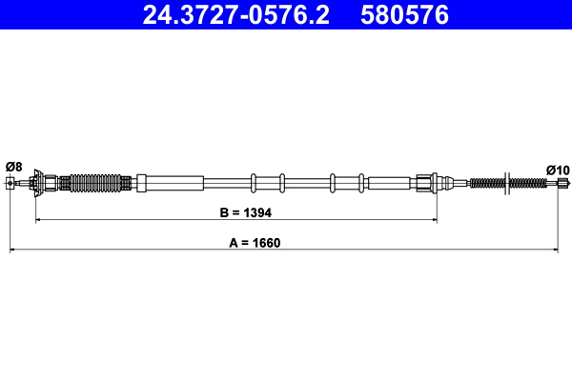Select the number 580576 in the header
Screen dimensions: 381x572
[x=400, y=15]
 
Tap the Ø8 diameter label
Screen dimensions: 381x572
[x=13, y=166]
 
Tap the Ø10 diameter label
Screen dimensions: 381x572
[x=558, y=170]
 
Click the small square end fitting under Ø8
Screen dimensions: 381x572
[x=10, y=181]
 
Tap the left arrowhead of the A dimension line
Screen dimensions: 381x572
[x=12, y=251]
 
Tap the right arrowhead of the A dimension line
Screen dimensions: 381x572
[x=556, y=251]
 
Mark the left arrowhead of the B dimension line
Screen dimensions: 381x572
[x=39, y=220]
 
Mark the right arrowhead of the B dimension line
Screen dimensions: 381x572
[x=435, y=220]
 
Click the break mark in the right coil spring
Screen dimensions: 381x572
[x=507, y=181]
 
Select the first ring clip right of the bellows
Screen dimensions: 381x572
[x=253, y=181]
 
